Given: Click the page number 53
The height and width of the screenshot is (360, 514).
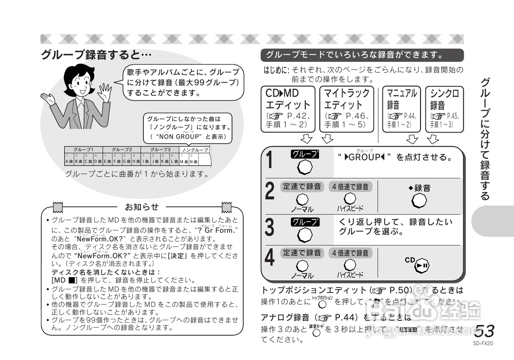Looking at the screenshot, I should tap(484, 331).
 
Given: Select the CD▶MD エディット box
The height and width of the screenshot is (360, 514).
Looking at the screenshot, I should tap(288, 109).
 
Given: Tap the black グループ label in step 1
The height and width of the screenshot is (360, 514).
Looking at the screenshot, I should tap(305, 154).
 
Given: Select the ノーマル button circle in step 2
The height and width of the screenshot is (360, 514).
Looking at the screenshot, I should tap(302, 199).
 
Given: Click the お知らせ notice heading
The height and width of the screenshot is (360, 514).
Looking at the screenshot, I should tap(142, 206).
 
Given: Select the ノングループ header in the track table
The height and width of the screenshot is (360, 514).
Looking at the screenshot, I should tap(195, 150).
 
